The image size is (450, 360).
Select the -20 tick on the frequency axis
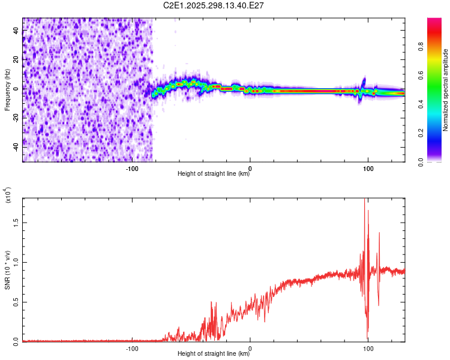[x=16, y=118]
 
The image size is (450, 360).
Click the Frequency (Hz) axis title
[x=7, y=90]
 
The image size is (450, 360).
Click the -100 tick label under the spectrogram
[x=133, y=167]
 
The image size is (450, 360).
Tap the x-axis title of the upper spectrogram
[x=214, y=174]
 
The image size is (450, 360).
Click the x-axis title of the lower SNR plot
[x=214, y=354]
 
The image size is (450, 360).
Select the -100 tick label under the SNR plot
[x=133, y=347]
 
